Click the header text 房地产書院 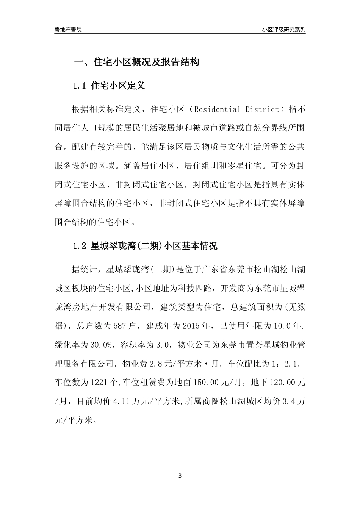(68, 30)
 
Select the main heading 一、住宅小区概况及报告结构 (136, 62)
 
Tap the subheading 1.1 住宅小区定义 (108, 86)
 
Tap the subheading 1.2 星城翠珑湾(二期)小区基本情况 (145, 246)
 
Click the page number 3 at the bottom (180, 476)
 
